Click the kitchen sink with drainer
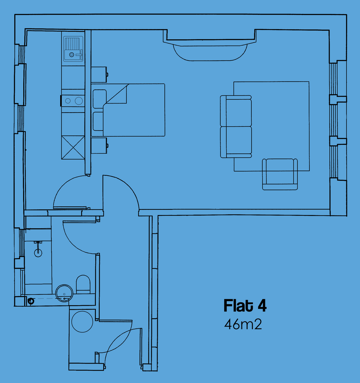pos(73,49)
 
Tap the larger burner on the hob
pos(79,101)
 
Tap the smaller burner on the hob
pos(68,101)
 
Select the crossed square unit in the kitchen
pos(73,147)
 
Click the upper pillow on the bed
pos(100,99)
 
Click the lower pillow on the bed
pos(98,121)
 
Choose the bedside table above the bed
pos(99,74)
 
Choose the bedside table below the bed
pos(99,145)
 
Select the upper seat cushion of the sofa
pos(238,112)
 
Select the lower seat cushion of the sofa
pos(238,140)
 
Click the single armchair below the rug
pos(280,174)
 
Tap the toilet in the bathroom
pos(83,284)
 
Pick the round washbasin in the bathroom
pos(64,293)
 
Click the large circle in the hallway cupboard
pos(82,322)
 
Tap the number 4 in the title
pos(262,306)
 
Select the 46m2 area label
pos(243,325)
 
